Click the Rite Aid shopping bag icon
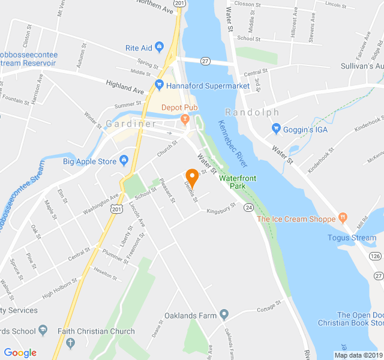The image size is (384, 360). coord(159,47)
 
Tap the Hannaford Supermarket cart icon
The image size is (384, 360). coord(159,86)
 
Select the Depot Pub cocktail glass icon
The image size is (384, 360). coord(185,118)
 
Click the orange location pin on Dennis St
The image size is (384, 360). coord(192,177)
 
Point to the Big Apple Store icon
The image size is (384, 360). coord(124,160)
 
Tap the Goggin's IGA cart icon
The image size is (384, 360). coord(276,128)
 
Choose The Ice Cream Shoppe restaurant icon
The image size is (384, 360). coord(343,217)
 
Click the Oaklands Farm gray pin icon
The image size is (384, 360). coord(224,313)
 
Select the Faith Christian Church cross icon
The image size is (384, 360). coord(70,343)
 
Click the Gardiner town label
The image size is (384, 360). coord(131,124)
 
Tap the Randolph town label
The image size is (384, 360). coord(252,112)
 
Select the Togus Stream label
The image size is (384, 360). coord(352,238)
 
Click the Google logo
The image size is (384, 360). coord(20,353)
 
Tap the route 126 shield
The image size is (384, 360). coord(376,256)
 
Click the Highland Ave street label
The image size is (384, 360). coord(125,87)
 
